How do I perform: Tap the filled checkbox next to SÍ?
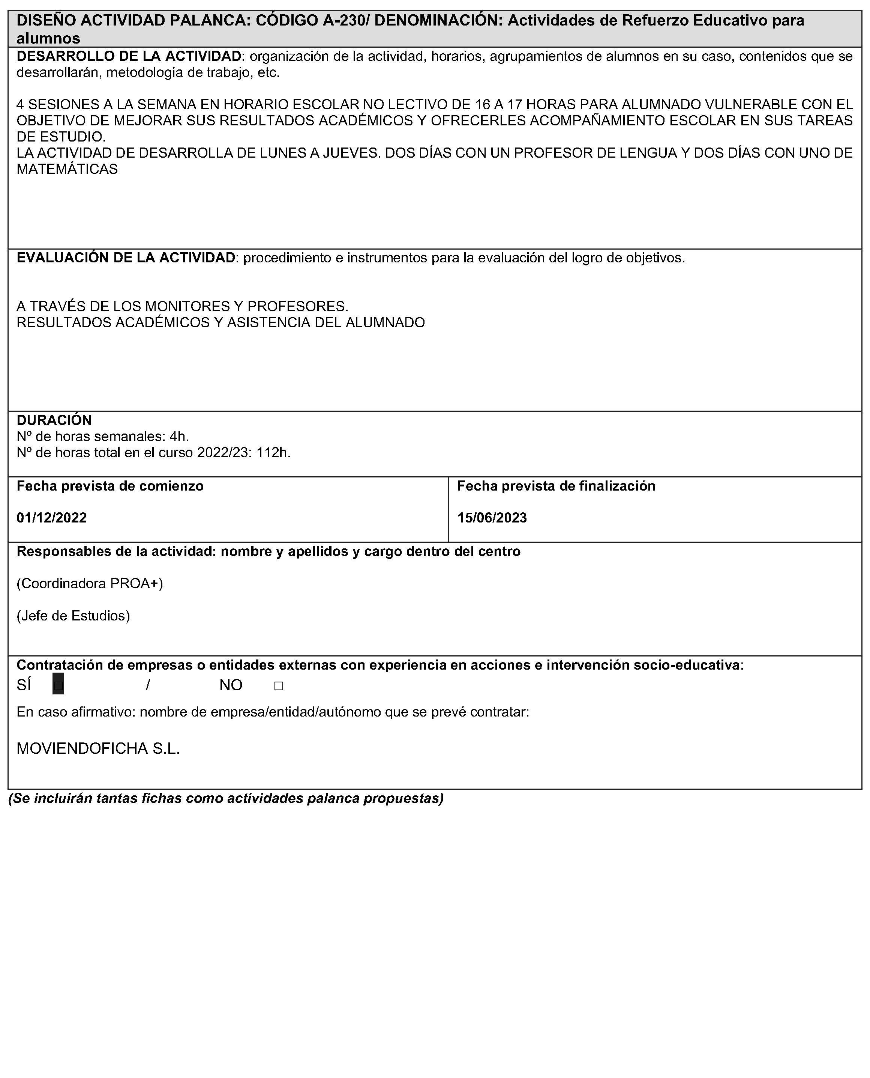coord(58,685)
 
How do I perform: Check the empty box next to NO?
coord(279,686)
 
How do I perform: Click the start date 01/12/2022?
coord(52,518)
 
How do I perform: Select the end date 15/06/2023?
coord(492,518)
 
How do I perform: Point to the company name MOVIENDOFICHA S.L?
coord(98,748)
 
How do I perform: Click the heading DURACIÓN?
coord(54,420)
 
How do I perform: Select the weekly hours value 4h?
coord(179,437)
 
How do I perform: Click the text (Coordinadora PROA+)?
coord(90,583)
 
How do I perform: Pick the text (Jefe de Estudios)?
coord(73,616)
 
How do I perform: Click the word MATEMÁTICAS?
coord(67,169)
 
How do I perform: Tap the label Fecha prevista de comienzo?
coord(110,486)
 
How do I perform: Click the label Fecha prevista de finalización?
coord(556,486)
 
